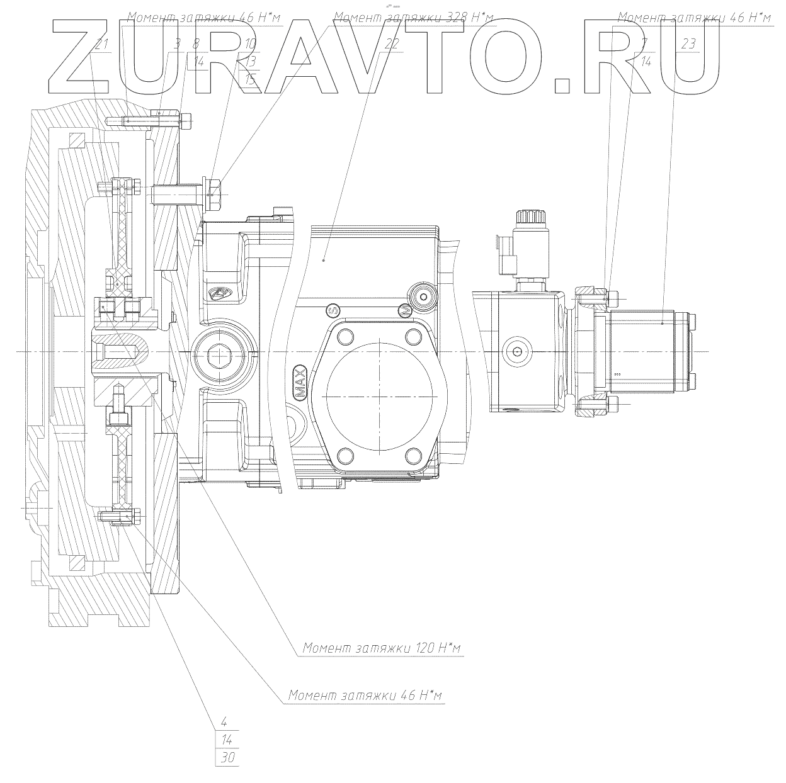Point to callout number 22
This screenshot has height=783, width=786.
click(391, 44)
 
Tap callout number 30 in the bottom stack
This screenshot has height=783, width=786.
click(228, 758)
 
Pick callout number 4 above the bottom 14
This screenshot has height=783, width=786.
click(224, 722)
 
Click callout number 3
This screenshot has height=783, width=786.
click(177, 44)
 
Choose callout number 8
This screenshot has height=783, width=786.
click(196, 44)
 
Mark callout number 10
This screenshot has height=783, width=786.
click(250, 44)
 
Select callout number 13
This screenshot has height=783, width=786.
click(250, 62)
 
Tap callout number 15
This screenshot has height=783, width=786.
click(251, 79)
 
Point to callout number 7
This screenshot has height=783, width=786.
click(643, 44)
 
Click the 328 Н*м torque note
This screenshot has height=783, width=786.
click(414, 16)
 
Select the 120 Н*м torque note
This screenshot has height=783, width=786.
click(383, 648)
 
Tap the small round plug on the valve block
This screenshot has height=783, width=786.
click(517, 351)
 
